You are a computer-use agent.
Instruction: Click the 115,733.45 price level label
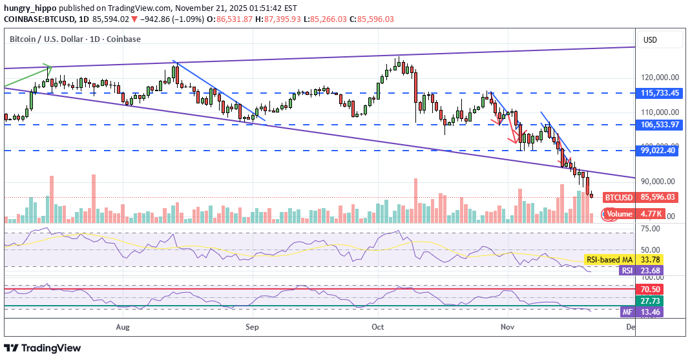pyautogui.click(x=658, y=93)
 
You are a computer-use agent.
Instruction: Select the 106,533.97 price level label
pyautogui.click(x=658, y=124)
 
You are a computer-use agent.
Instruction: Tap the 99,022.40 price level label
pyautogui.click(x=658, y=151)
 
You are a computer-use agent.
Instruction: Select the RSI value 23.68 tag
pyautogui.click(x=650, y=271)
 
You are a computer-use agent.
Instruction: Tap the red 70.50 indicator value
pyautogui.click(x=650, y=290)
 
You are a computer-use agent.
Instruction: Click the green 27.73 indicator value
pyautogui.click(x=650, y=301)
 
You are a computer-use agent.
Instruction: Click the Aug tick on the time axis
pyautogui.click(x=123, y=327)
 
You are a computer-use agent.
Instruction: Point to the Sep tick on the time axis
pyautogui.click(x=252, y=327)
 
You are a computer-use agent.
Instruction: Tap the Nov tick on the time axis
pyautogui.click(x=507, y=327)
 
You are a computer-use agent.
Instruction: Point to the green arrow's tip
pyautogui.click(x=50, y=67)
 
